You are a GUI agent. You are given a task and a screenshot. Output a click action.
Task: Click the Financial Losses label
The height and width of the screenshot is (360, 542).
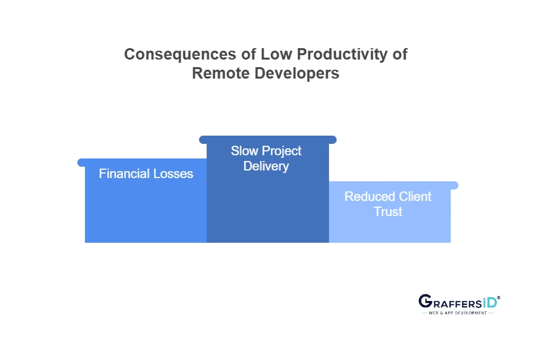pos(146,174)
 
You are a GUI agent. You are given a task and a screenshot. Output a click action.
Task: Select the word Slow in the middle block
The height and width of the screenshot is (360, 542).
pos(244,151)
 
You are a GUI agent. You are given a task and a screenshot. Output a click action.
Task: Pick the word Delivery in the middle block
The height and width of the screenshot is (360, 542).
pos(266,167)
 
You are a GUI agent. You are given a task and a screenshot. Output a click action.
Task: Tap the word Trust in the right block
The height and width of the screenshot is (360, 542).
pos(388,212)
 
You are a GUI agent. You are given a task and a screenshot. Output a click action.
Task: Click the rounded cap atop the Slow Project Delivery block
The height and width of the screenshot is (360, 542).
pos(268,139)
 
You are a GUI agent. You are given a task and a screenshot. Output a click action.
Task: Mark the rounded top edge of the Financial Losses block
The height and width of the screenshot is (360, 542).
pos(142,163)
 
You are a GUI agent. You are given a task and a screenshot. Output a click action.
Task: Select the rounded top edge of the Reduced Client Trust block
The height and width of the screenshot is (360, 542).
pos(393,185)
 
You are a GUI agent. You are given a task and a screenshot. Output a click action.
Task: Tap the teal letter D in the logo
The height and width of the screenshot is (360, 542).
pos(491,302)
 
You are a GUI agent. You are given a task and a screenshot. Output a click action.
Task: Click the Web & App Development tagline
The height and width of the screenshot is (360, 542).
pos(458,313)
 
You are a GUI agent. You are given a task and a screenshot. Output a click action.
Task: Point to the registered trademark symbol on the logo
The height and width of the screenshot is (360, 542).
pos(499,297)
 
